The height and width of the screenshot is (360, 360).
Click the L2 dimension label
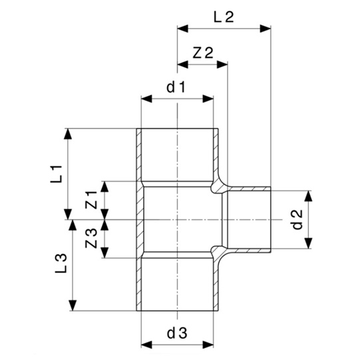[224, 18]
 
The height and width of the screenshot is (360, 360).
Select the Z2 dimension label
[202, 53]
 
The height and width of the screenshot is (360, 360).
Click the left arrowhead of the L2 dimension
[182, 28]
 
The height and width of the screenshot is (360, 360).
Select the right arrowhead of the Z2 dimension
[224, 65]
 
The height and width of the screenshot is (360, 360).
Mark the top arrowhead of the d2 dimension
[308, 195]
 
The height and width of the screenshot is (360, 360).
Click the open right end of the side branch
[270, 220]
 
